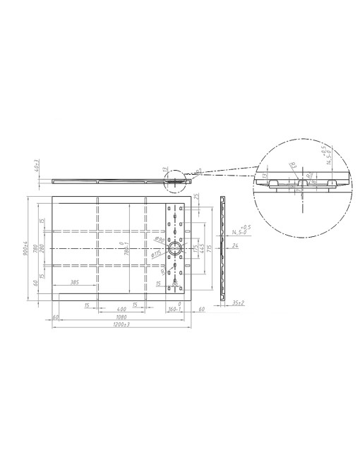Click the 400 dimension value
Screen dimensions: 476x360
coord(121,308)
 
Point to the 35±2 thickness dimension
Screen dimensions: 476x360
coord(238,303)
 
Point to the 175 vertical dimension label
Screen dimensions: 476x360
coord(196,248)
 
